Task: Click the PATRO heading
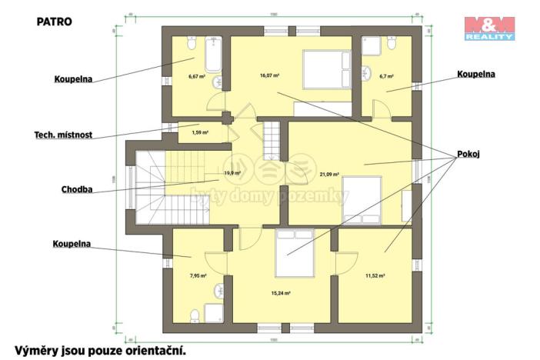(54, 22)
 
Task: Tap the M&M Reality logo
(488, 28)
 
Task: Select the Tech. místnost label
(63, 135)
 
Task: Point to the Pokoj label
(468, 154)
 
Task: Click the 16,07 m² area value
(269, 75)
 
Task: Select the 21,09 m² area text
(329, 175)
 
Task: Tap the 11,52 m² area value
(375, 275)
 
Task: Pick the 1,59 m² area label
(188, 133)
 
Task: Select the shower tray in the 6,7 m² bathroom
(373, 45)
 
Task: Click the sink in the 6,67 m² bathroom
(217, 81)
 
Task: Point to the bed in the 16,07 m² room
(325, 69)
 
